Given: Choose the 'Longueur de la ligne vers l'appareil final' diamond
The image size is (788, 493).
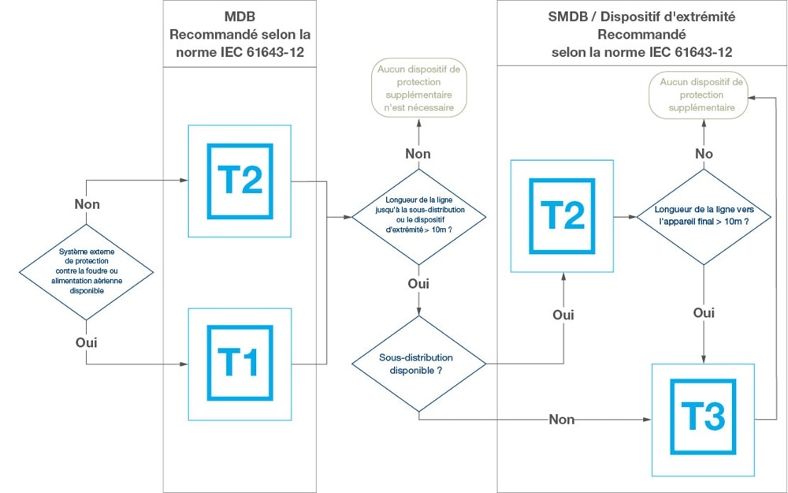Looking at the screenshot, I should coord(701,216).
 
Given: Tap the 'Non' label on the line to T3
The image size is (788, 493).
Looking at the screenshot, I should coord(562,419).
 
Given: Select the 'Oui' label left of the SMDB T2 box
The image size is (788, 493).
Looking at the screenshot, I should coord(563,315).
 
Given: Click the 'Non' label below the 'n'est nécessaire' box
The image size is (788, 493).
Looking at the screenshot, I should coord(418,154).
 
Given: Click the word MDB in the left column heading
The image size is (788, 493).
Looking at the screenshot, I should coord(240,17).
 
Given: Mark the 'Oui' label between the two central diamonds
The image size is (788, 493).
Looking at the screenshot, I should coord(418,284).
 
